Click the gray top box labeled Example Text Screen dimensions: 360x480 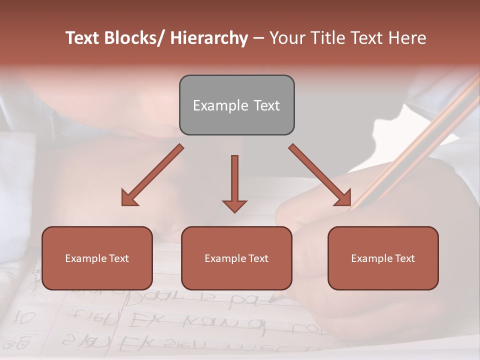click(x=236, y=105)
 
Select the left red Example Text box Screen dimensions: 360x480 click(x=97, y=258)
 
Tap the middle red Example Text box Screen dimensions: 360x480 click(x=236, y=258)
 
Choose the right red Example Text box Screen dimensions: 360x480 click(x=383, y=258)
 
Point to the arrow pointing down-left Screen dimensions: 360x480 click(x=152, y=175)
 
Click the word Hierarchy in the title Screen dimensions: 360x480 click(x=209, y=38)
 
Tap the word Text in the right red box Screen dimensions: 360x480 click(x=404, y=258)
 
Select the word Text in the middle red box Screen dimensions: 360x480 click(x=257, y=258)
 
